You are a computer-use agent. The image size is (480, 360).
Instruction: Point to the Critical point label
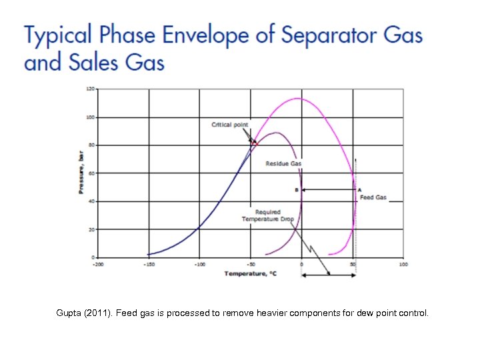click(x=230, y=125)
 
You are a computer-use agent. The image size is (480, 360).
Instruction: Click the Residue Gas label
click(x=284, y=164)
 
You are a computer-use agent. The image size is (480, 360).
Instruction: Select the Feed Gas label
click(x=373, y=197)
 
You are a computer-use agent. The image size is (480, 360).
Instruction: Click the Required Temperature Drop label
click(x=263, y=215)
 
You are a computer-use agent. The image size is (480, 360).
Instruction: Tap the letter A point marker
click(x=359, y=190)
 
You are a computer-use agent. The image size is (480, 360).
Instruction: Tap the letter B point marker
click(x=297, y=190)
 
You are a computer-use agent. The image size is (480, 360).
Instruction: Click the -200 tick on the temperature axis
click(x=97, y=265)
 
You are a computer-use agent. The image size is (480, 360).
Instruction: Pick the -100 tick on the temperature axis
click(x=199, y=265)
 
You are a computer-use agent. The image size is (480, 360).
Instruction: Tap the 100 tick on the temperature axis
click(x=403, y=265)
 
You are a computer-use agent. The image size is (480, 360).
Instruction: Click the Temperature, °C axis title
click(x=249, y=273)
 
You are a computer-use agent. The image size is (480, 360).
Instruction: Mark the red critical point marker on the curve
click(x=254, y=141)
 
